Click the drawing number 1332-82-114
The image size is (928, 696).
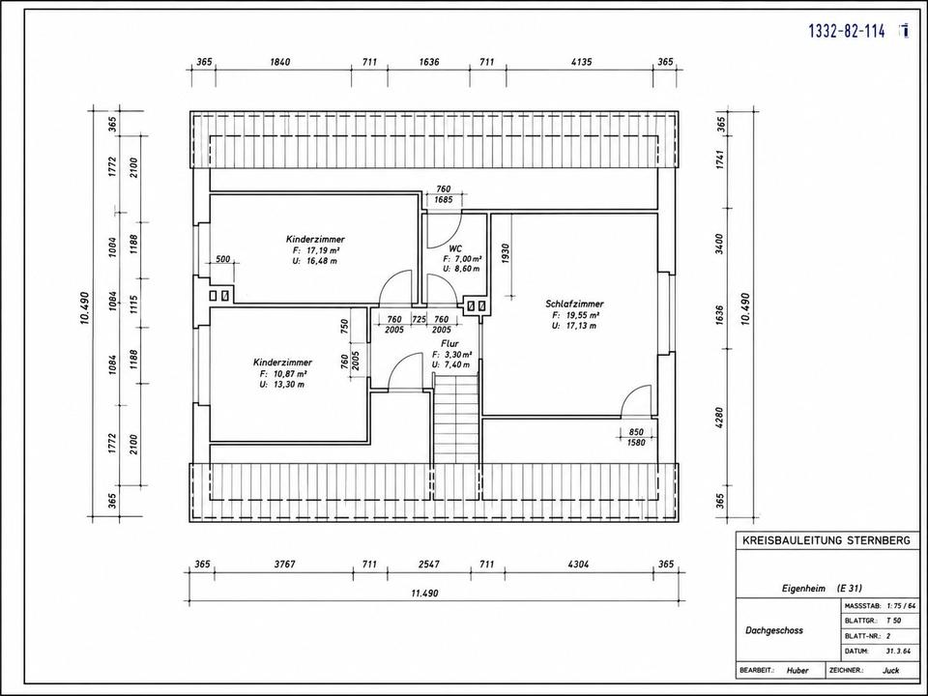pyautogui.click(x=847, y=31)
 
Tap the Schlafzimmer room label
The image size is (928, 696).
pyautogui.click(x=574, y=304)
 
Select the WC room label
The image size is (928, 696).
pyautogui.click(x=455, y=248)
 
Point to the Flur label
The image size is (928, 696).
pyautogui.click(x=449, y=343)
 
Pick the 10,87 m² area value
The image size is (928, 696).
pyautogui.click(x=288, y=374)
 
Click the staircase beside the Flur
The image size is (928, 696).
pyautogui.click(x=455, y=421)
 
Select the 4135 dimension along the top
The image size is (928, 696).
pyautogui.click(x=580, y=62)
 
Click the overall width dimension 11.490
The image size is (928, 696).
pyautogui.click(x=424, y=593)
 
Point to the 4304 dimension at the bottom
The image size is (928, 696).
pyautogui.click(x=578, y=564)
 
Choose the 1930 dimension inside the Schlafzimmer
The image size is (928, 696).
pyautogui.click(x=506, y=253)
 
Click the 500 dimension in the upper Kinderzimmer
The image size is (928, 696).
pyautogui.click(x=223, y=259)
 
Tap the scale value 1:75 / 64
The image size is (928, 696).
pyautogui.click(x=901, y=606)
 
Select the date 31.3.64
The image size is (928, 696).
pyautogui.click(x=897, y=651)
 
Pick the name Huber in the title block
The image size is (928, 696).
pyautogui.click(x=797, y=671)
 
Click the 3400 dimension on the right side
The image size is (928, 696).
pyautogui.click(x=719, y=242)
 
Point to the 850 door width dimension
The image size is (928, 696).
pyautogui.click(x=636, y=432)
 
